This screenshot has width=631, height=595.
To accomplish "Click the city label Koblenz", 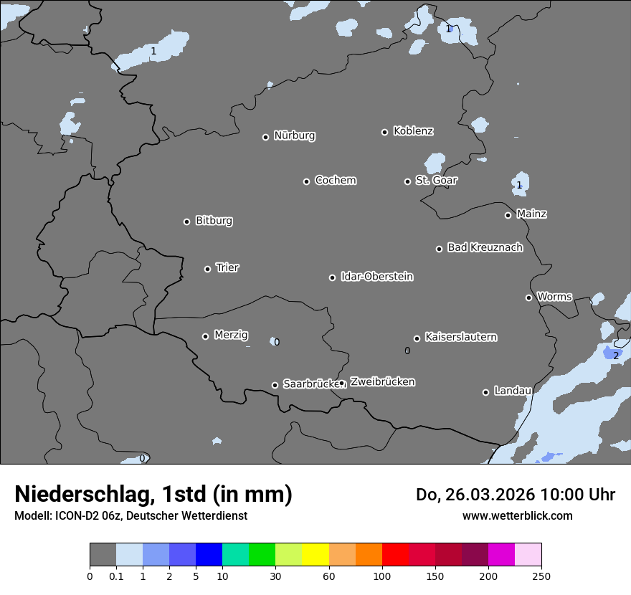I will pyautogui.click(x=413, y=131).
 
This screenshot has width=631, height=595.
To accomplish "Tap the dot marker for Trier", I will pyautogui.click(x=208, y=269).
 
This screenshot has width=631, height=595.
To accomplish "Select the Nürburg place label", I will pyautogui.click(x=294, y=135).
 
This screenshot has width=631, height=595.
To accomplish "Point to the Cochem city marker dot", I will pyautogui.click(x=306, y=181).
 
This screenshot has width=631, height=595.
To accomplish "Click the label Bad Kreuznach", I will pyautogui.click(x=485, y=247).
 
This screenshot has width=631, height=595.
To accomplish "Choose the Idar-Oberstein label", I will pyautogui.click(x=376, y=276).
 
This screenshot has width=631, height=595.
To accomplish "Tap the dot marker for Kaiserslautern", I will pyautogui.click(x=417, y=338).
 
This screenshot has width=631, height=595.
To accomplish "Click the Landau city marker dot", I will pyautogui.click(x=485, y=392).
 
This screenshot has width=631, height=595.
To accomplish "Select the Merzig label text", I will pyautogui.click(x=231, y=335).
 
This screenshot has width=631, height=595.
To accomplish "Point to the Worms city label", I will pyautogui.click(x=554, y=296).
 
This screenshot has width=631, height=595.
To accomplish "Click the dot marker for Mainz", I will pyautogui.click(x=508, y=215).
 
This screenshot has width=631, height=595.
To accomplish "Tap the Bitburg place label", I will pyautogui.click(x=214, y=220).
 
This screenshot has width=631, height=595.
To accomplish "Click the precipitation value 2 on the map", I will pyautogui.click(x=615, y=355).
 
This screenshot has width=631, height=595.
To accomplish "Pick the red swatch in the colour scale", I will pyautogui.click(x=395, y=556).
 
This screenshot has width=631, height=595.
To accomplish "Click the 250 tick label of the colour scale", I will pyautogui.click(x=541, y=576).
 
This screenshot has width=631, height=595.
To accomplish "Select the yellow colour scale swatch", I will pyautogui.click(x=315, y=556).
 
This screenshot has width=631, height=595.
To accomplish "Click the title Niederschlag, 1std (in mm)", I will pyautogui.click(x=153, y=494).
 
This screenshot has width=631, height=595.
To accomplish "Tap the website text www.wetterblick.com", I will pyautogui.click(x=517, y=515).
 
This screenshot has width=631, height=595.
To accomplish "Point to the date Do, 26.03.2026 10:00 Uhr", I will pyautogui.click(x=515, y=495).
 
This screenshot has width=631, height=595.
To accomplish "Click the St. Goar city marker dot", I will pyautogui.click(x=407, y=181).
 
